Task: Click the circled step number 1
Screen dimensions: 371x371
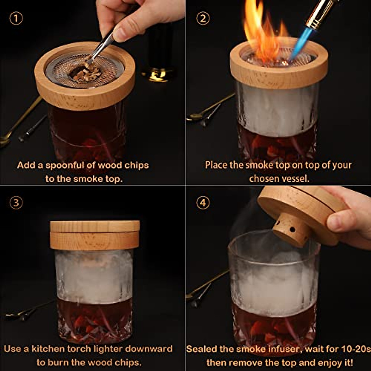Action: [16, 19]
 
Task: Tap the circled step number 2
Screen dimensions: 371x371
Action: [203, 19]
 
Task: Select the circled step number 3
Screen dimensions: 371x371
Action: [16, 203]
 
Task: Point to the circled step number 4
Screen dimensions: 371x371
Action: [203, 203]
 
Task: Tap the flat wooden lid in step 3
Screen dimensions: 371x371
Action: [95, 226]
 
